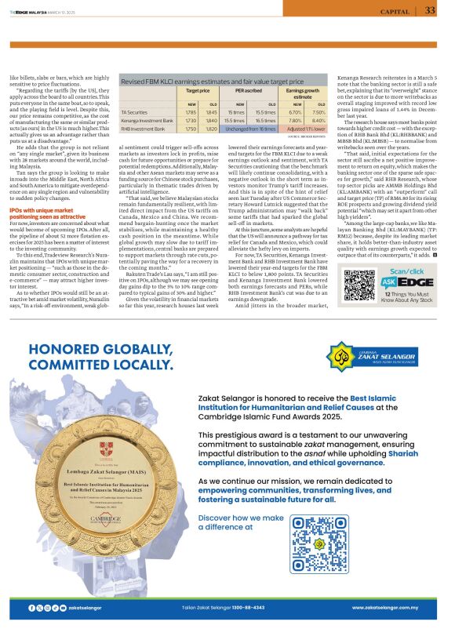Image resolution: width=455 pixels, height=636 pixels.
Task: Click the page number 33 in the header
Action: coord(431,10)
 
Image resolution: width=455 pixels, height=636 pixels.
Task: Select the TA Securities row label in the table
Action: coord(137,112)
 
